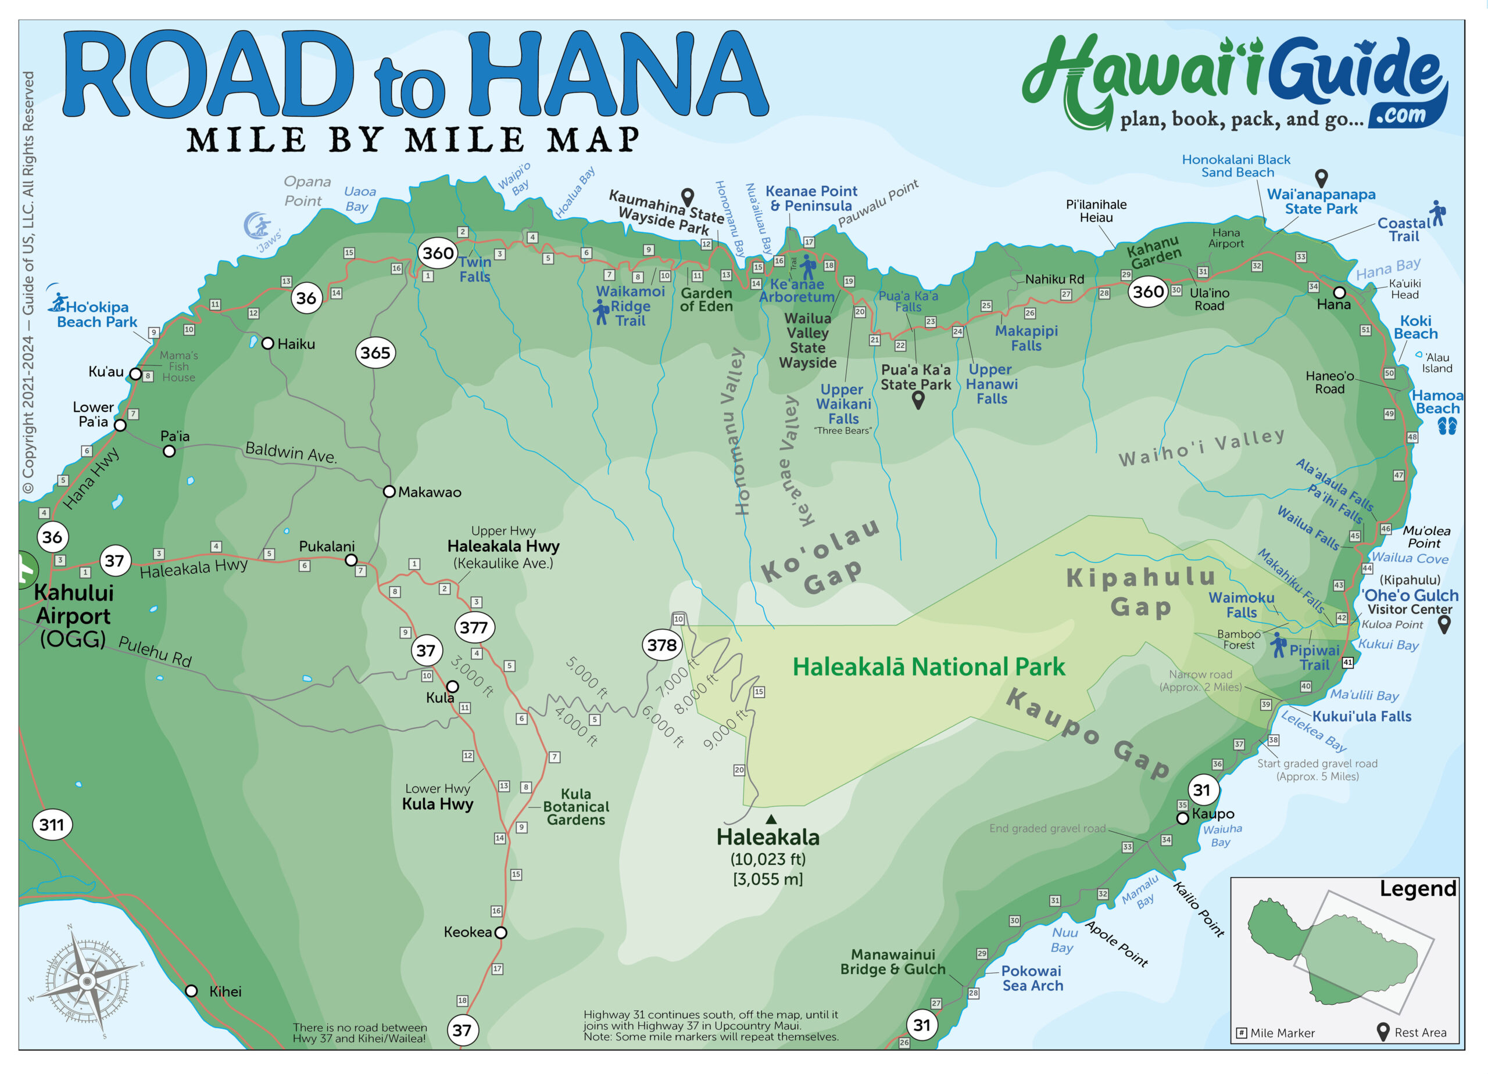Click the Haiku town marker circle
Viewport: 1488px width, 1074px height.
[268, 343]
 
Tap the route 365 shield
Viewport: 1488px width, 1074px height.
[375, 353]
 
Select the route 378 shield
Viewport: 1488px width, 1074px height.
[661, 645]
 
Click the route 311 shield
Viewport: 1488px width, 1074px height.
[52, 824]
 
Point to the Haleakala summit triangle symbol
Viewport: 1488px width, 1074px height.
[771, 819]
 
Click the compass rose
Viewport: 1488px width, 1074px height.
[87, 981]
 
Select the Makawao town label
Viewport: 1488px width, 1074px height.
[429, 492]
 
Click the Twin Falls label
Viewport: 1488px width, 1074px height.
[474, 269]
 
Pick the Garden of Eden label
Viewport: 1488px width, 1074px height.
[706, 300]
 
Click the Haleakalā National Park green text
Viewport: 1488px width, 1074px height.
[928, 667]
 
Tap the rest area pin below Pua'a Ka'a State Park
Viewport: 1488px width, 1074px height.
[918, 399]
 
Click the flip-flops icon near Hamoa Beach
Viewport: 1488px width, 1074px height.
[1447, 427]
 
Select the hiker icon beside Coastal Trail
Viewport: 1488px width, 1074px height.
[1438, 213]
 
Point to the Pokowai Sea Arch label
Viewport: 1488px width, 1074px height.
[1032, 978]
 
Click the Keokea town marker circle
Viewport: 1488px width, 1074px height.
[500, 932]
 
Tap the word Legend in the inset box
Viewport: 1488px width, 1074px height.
[1417, 889]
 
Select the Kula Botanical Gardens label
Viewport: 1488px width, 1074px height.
[575, 806]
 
